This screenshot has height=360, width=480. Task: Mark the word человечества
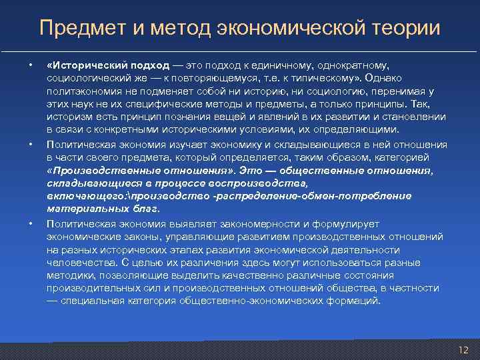[76, 261]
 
